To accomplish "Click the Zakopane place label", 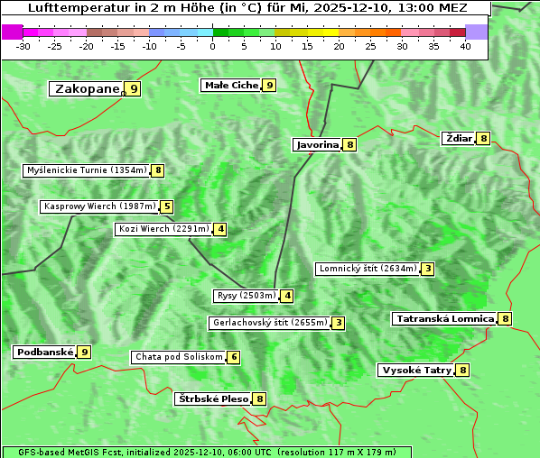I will click(88, 88).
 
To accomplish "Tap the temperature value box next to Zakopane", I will click(134, 88).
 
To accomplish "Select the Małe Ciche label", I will click(231, 85).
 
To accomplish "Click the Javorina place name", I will click(317, 144).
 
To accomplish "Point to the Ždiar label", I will click(459, 138).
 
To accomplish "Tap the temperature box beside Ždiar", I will click(484, 138).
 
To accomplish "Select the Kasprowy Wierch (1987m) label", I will click(99, 206).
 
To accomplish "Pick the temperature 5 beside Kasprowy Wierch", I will click(166, 206).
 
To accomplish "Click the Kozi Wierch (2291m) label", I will click(163, 229).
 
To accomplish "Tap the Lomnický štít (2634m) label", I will click(368, 268).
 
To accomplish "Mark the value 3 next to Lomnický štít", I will click(428, 268).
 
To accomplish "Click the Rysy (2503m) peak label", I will click(246, 295).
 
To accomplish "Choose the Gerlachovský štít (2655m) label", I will click(269, 322).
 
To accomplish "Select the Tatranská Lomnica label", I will click(444, 318).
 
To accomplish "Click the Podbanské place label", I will click(44, 352).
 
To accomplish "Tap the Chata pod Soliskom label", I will click(177, 357).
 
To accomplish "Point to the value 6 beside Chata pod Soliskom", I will click(234, 357).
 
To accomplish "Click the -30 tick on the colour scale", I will click(23, 46).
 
